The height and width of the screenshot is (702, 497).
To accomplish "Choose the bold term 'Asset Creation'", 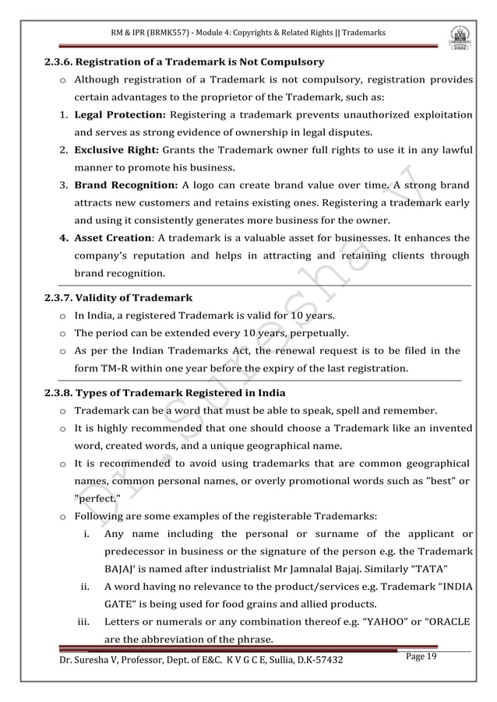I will [x=112, y=238].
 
